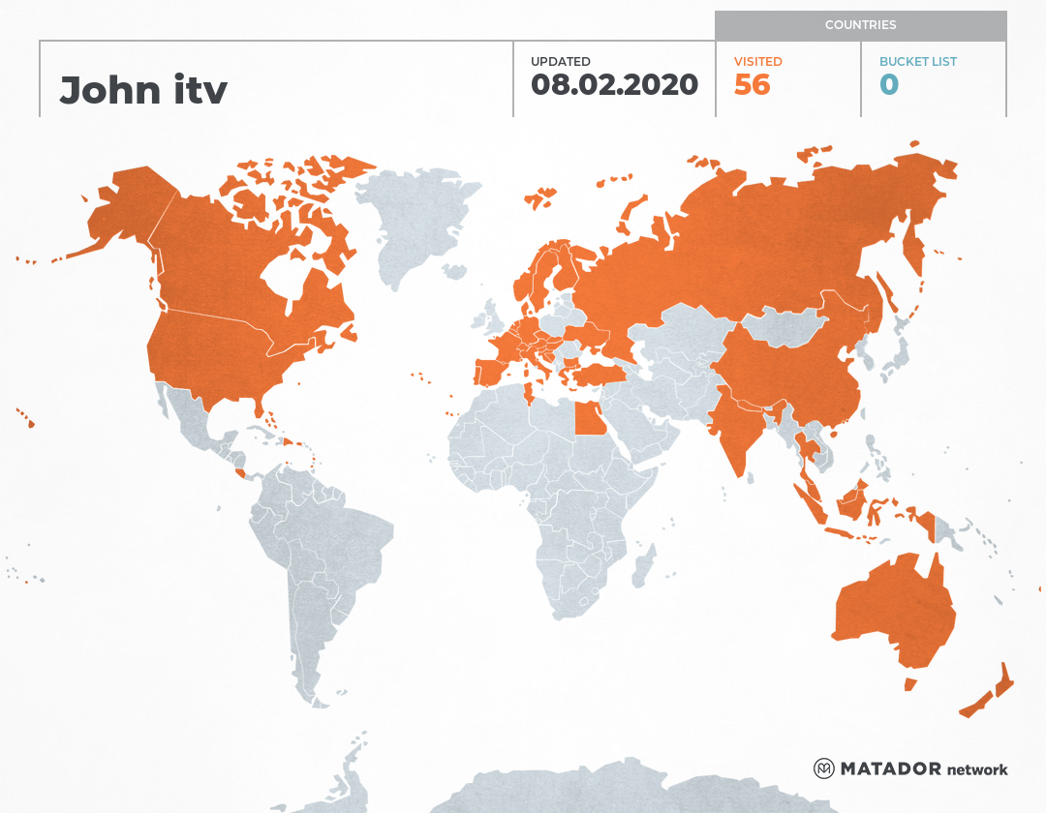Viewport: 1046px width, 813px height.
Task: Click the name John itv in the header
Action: (x=143, y=90)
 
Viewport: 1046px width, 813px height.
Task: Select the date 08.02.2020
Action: (x=614, y=84)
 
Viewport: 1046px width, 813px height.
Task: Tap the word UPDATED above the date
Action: (x=560, y=62)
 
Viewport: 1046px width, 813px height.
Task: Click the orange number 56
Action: (x=752, y=85)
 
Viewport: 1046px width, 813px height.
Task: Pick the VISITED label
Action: (x=757, y=62)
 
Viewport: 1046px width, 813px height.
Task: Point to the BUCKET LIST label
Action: (x=917, y=62)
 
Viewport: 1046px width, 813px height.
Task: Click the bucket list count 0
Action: (x=889, y=85)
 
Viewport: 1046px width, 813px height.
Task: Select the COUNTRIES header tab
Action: (x=860, y=25)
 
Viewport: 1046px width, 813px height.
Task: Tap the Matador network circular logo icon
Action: (x=823, y=769)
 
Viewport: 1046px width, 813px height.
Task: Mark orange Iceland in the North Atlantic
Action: (x=540, y=198)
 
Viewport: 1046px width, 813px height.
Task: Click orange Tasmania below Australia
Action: (x=910, y=684)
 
